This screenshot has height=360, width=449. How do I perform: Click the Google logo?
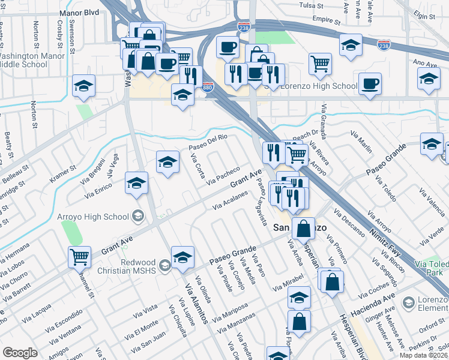point(20,353)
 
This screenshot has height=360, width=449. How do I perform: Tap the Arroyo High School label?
point(93,217)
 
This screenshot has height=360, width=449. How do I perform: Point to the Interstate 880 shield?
point(208,86)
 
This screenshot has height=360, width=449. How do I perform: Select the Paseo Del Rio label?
point(208,142)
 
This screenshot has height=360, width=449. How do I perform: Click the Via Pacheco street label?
point(223,175)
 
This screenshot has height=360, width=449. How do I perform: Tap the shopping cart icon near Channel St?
point(79,257)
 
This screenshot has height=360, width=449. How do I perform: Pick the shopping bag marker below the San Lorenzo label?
point(304,227)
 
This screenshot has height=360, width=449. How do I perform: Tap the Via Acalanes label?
point(230,202)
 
